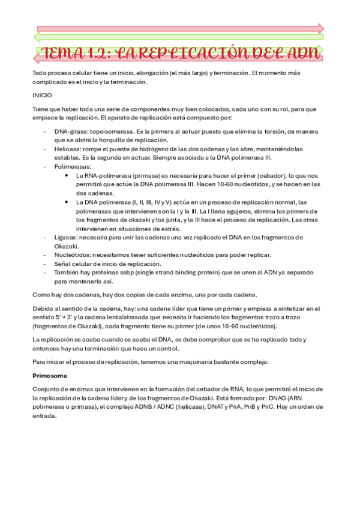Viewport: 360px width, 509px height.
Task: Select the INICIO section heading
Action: pos(42,95)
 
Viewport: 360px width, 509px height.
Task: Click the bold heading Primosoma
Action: pos(50,376)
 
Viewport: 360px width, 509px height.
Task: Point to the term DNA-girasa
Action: pos(70,131)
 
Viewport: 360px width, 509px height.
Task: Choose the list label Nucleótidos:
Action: pos(74,255)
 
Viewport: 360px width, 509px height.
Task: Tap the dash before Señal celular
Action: pos(46,264)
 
